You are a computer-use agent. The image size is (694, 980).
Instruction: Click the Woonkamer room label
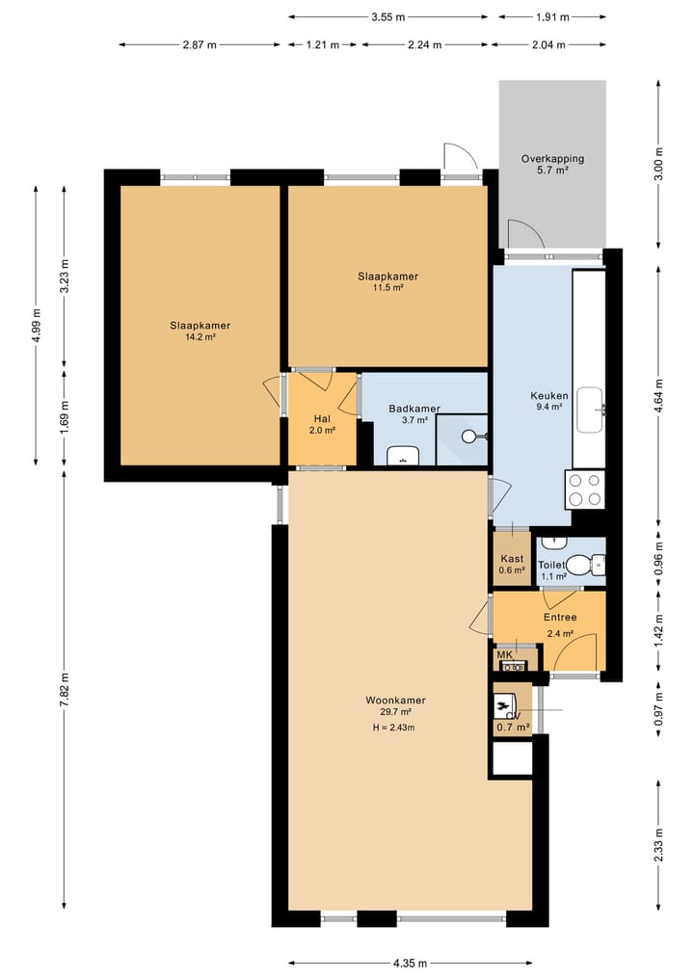point(396,701)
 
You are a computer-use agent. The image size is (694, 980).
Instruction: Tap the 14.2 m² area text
point(200,337)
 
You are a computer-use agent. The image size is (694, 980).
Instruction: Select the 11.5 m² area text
point(388,287)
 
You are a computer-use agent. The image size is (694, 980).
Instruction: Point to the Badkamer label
point(414,409)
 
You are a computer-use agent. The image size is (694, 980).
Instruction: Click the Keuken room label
point(549,396)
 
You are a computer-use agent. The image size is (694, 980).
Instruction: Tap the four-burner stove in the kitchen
point(585,490)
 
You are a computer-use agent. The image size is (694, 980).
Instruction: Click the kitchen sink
point(590,410)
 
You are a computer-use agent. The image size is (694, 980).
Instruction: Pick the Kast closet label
point(512,559)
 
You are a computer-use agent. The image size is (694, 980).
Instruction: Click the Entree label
point(560,617)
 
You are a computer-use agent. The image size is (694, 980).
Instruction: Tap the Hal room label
point(322,419)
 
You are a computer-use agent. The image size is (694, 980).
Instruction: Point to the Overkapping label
point(552,159)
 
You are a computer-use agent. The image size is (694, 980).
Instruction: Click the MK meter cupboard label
point(504,654)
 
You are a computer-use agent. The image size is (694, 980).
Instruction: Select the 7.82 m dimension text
point(65,690)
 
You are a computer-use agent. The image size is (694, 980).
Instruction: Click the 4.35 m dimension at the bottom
point(411,963)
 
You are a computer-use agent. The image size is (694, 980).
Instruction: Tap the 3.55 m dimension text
point(388,17)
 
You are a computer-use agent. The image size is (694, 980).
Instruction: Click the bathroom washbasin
point(403,456)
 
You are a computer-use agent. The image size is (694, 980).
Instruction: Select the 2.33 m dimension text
point(658,844)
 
